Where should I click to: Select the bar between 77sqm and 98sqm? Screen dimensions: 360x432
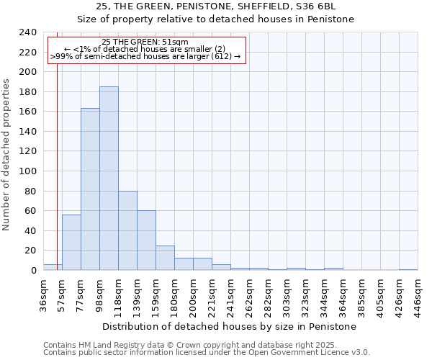90,189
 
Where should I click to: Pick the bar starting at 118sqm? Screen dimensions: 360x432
127,230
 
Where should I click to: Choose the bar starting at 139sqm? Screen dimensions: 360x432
146,240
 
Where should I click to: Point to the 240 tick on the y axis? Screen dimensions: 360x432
28,32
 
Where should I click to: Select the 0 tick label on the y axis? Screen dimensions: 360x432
33,271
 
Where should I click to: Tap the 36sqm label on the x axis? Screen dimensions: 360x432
44,293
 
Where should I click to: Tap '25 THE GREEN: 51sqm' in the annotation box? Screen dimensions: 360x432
145,42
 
